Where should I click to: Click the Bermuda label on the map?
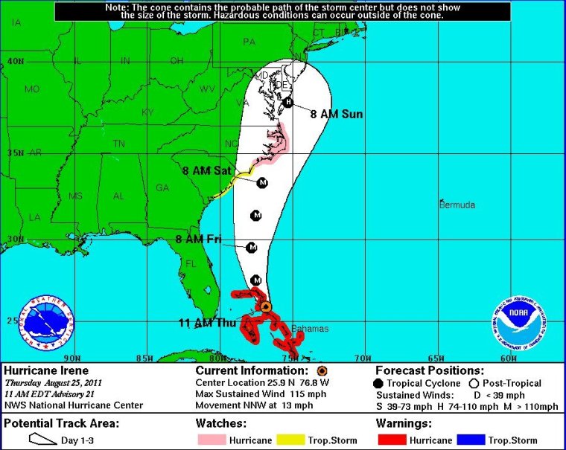[x=458, y=205]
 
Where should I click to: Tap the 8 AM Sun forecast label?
[x=337, y=115]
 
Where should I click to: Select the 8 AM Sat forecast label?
[x=207, y=170]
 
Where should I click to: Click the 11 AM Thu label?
[x=204, y=322]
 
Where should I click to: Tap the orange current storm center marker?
[x=266, y=306]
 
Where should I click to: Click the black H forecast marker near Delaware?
[x=288, y=103]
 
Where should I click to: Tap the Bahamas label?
[x=309, y=329]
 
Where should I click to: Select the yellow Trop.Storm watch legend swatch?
[x=291, y=440]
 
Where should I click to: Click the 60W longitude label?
[x=509, y=359]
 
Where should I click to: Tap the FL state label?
[x=191, y=263]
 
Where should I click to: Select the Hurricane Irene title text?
[x=46, y=370]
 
